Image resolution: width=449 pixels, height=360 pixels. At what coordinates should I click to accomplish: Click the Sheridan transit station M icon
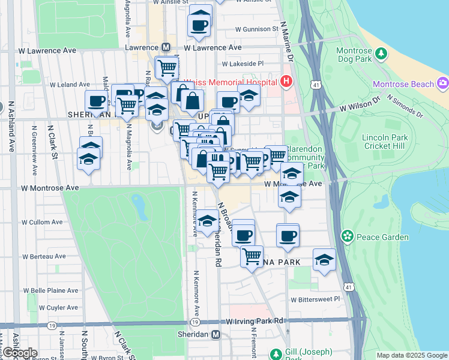(215, 334)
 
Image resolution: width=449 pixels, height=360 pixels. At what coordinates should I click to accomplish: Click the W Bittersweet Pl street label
(315, 298)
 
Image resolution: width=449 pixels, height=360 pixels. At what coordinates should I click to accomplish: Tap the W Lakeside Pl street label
(243, 63)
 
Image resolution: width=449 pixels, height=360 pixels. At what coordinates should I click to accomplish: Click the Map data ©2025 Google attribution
(411, 355)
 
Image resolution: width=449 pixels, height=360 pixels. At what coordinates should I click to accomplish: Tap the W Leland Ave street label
(70, 85)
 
